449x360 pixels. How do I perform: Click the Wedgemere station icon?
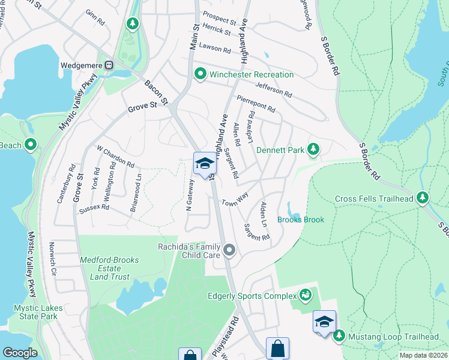(x=109, y=65)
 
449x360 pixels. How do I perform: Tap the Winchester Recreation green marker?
(x=200, y=74)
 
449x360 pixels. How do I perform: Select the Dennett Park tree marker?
(x=312, y=149)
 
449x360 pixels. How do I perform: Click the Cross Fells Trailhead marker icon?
(x=423, y=197)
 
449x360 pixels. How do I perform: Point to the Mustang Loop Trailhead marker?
(x=339, y=335)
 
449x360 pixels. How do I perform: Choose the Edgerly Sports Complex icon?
(x=306, y=295)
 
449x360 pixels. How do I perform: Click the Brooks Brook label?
(x=300, y=220)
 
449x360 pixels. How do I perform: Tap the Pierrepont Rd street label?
(x=256, y=104)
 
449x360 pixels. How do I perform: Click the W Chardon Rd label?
(x=115, y=157)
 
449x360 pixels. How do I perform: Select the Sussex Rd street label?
(x=94, y=208)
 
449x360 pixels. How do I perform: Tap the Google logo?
(x=20, y=353)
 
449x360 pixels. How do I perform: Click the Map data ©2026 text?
(x=423, y=355)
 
